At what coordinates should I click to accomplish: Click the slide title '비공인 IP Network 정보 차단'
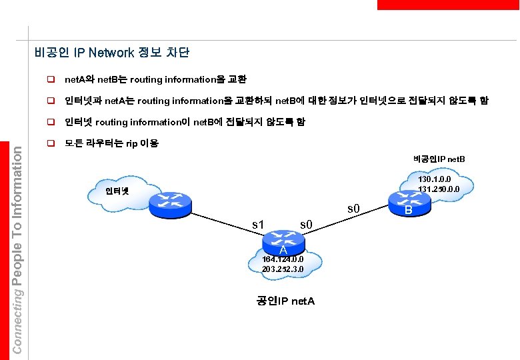(112, 53)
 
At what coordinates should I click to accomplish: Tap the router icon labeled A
(283, 239)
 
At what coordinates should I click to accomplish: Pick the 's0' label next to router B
(354, 211)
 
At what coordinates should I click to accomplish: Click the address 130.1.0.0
(435, 179)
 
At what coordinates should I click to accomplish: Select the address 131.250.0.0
(438, 189)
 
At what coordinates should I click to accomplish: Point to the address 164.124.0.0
(283, 259)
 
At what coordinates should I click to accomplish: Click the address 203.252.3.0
(283, 269)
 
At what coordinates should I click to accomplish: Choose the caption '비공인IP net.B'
(439, 159)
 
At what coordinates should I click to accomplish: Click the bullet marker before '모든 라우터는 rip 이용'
(50, 143)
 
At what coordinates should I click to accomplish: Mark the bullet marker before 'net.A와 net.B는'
(50, 79)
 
